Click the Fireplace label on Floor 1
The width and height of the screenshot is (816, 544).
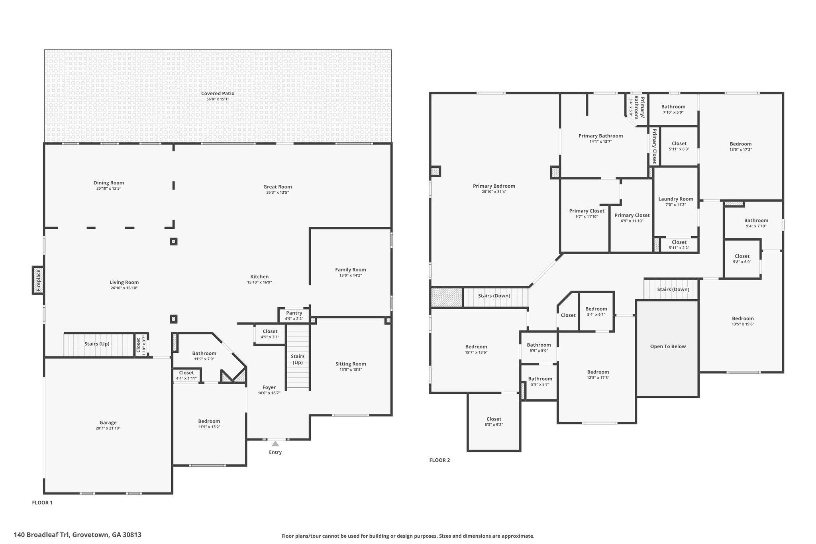[39, 280]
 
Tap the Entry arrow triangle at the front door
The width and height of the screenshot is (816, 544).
[275, 444]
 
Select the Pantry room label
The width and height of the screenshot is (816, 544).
[294, 313]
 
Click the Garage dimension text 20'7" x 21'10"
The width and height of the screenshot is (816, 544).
[108, 428]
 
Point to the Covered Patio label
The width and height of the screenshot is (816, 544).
[218, 94]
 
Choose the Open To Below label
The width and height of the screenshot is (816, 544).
[668, 346]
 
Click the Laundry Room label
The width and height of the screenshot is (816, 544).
[676, 199]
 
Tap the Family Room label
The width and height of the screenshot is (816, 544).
[350, 270]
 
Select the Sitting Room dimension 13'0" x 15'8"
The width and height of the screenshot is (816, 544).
[351, 369]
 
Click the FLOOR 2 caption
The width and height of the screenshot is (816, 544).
[439, 460]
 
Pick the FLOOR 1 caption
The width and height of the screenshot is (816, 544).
[42, 503]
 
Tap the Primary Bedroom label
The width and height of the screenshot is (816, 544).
[494, 186]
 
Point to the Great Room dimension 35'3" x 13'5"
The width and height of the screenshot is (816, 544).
[278, 192]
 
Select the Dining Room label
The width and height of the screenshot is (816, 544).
[109, 183]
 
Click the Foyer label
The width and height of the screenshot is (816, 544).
[269, 387]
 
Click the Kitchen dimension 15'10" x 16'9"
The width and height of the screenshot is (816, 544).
[259, 283]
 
